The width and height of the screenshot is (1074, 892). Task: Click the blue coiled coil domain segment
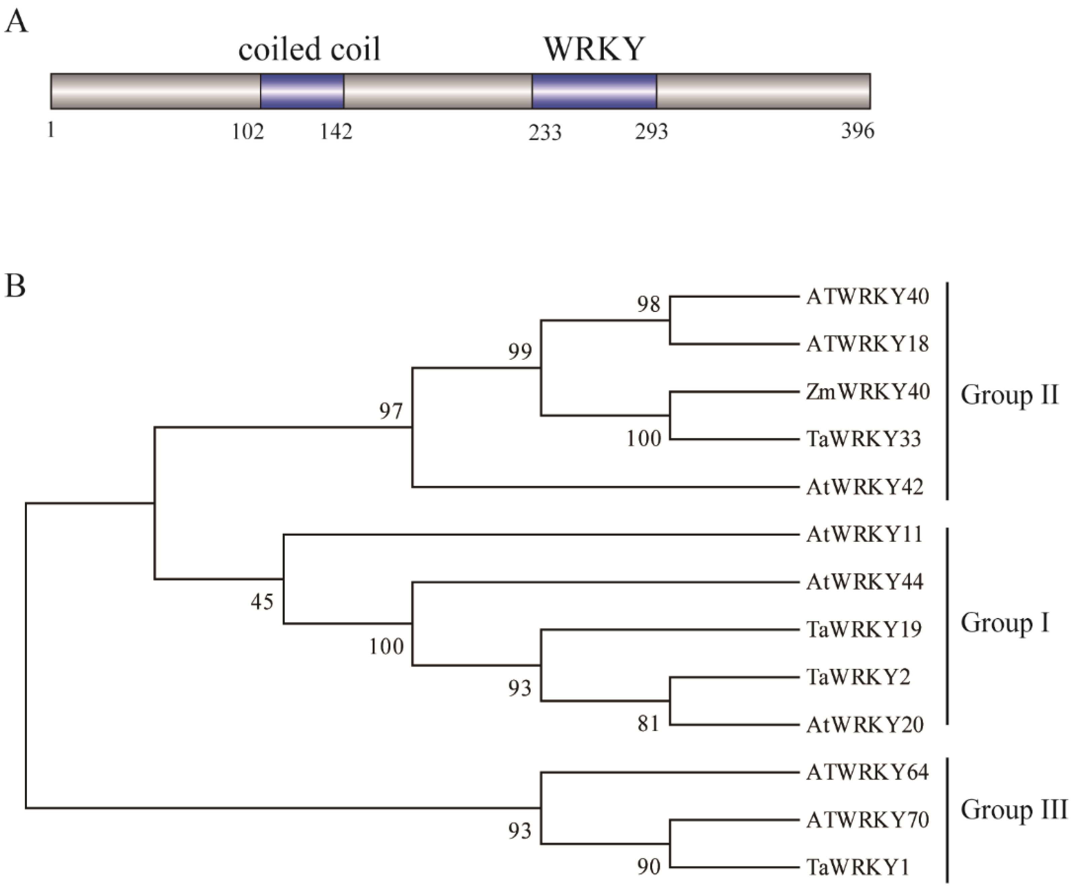302,91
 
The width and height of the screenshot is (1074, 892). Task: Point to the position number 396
858,132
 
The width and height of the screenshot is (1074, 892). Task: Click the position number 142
336,132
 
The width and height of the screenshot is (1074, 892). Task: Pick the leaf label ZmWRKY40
867,392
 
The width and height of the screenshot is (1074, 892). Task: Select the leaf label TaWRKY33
863,439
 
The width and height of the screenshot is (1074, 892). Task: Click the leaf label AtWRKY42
864,487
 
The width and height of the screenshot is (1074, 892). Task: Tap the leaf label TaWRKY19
864,629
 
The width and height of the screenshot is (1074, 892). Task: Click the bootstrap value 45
262,602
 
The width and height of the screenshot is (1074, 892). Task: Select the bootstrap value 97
391,411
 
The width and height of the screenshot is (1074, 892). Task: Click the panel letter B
15,286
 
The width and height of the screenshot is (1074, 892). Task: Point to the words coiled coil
309,49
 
